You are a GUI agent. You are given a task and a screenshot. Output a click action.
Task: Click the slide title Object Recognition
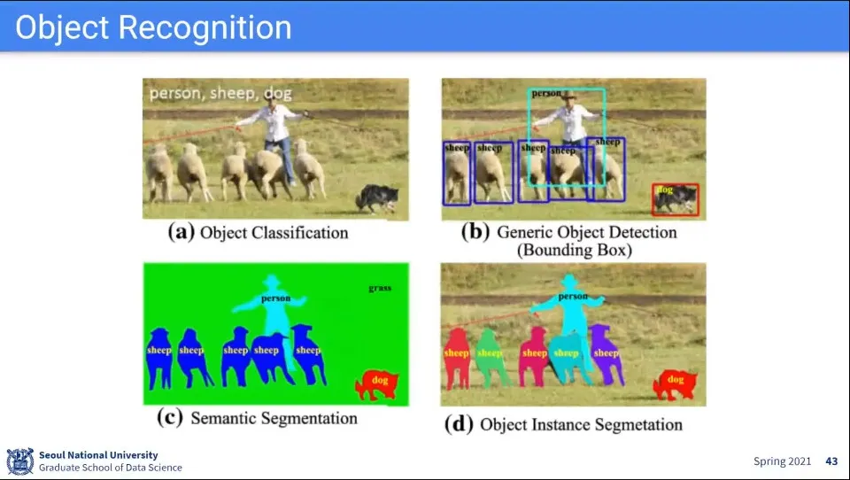[153, 27]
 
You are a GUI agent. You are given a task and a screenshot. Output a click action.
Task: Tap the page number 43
[831, 461]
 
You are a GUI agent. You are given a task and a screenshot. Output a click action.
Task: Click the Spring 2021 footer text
[781, 461]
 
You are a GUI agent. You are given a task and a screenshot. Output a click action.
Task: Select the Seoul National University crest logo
[19, 461]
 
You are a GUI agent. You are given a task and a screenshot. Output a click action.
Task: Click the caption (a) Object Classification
[259, 233]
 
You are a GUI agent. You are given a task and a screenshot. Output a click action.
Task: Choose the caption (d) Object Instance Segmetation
[563, 424]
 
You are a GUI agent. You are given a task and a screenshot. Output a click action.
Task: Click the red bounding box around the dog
[676, 199]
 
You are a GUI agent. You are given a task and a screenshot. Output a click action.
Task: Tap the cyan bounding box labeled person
[568, 137]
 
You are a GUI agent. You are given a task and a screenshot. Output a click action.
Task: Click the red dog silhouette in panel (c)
[376, 384]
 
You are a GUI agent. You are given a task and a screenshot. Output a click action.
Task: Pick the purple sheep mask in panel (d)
[607, 354]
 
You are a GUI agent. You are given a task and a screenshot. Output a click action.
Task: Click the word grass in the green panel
[381, 289]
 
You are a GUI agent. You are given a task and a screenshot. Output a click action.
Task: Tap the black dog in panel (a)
[377, 198]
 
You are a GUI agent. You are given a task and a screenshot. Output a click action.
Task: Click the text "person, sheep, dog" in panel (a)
[220, 93]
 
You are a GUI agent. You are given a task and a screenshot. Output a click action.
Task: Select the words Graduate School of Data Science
[110, 468]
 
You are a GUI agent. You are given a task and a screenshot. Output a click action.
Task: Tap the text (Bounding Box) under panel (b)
[575, 250]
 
